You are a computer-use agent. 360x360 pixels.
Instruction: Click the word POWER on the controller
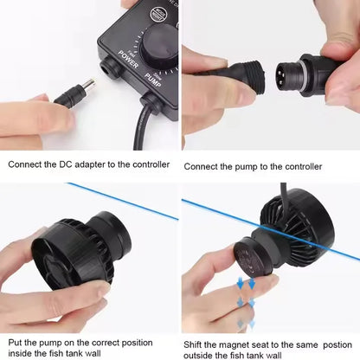128,60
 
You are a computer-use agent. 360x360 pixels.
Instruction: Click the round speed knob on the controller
159,46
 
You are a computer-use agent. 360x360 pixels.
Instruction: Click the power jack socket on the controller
109,67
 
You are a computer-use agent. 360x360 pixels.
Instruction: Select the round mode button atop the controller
157,15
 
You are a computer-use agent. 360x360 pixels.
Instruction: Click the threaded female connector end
251,74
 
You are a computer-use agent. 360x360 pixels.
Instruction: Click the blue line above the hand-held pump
123,201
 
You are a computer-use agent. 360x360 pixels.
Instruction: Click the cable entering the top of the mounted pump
284,199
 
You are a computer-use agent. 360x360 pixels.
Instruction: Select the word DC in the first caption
66,164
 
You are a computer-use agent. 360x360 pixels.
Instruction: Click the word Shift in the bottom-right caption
192,344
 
